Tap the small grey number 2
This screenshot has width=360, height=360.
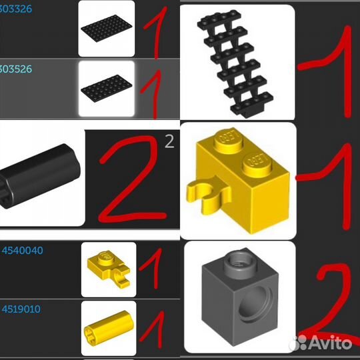point(169,141)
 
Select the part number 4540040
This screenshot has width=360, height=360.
point(23,251)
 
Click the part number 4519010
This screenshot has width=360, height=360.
point(23,309)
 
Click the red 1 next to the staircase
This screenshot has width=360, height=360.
point(329,60)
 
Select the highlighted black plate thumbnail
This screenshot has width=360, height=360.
point(106,89)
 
